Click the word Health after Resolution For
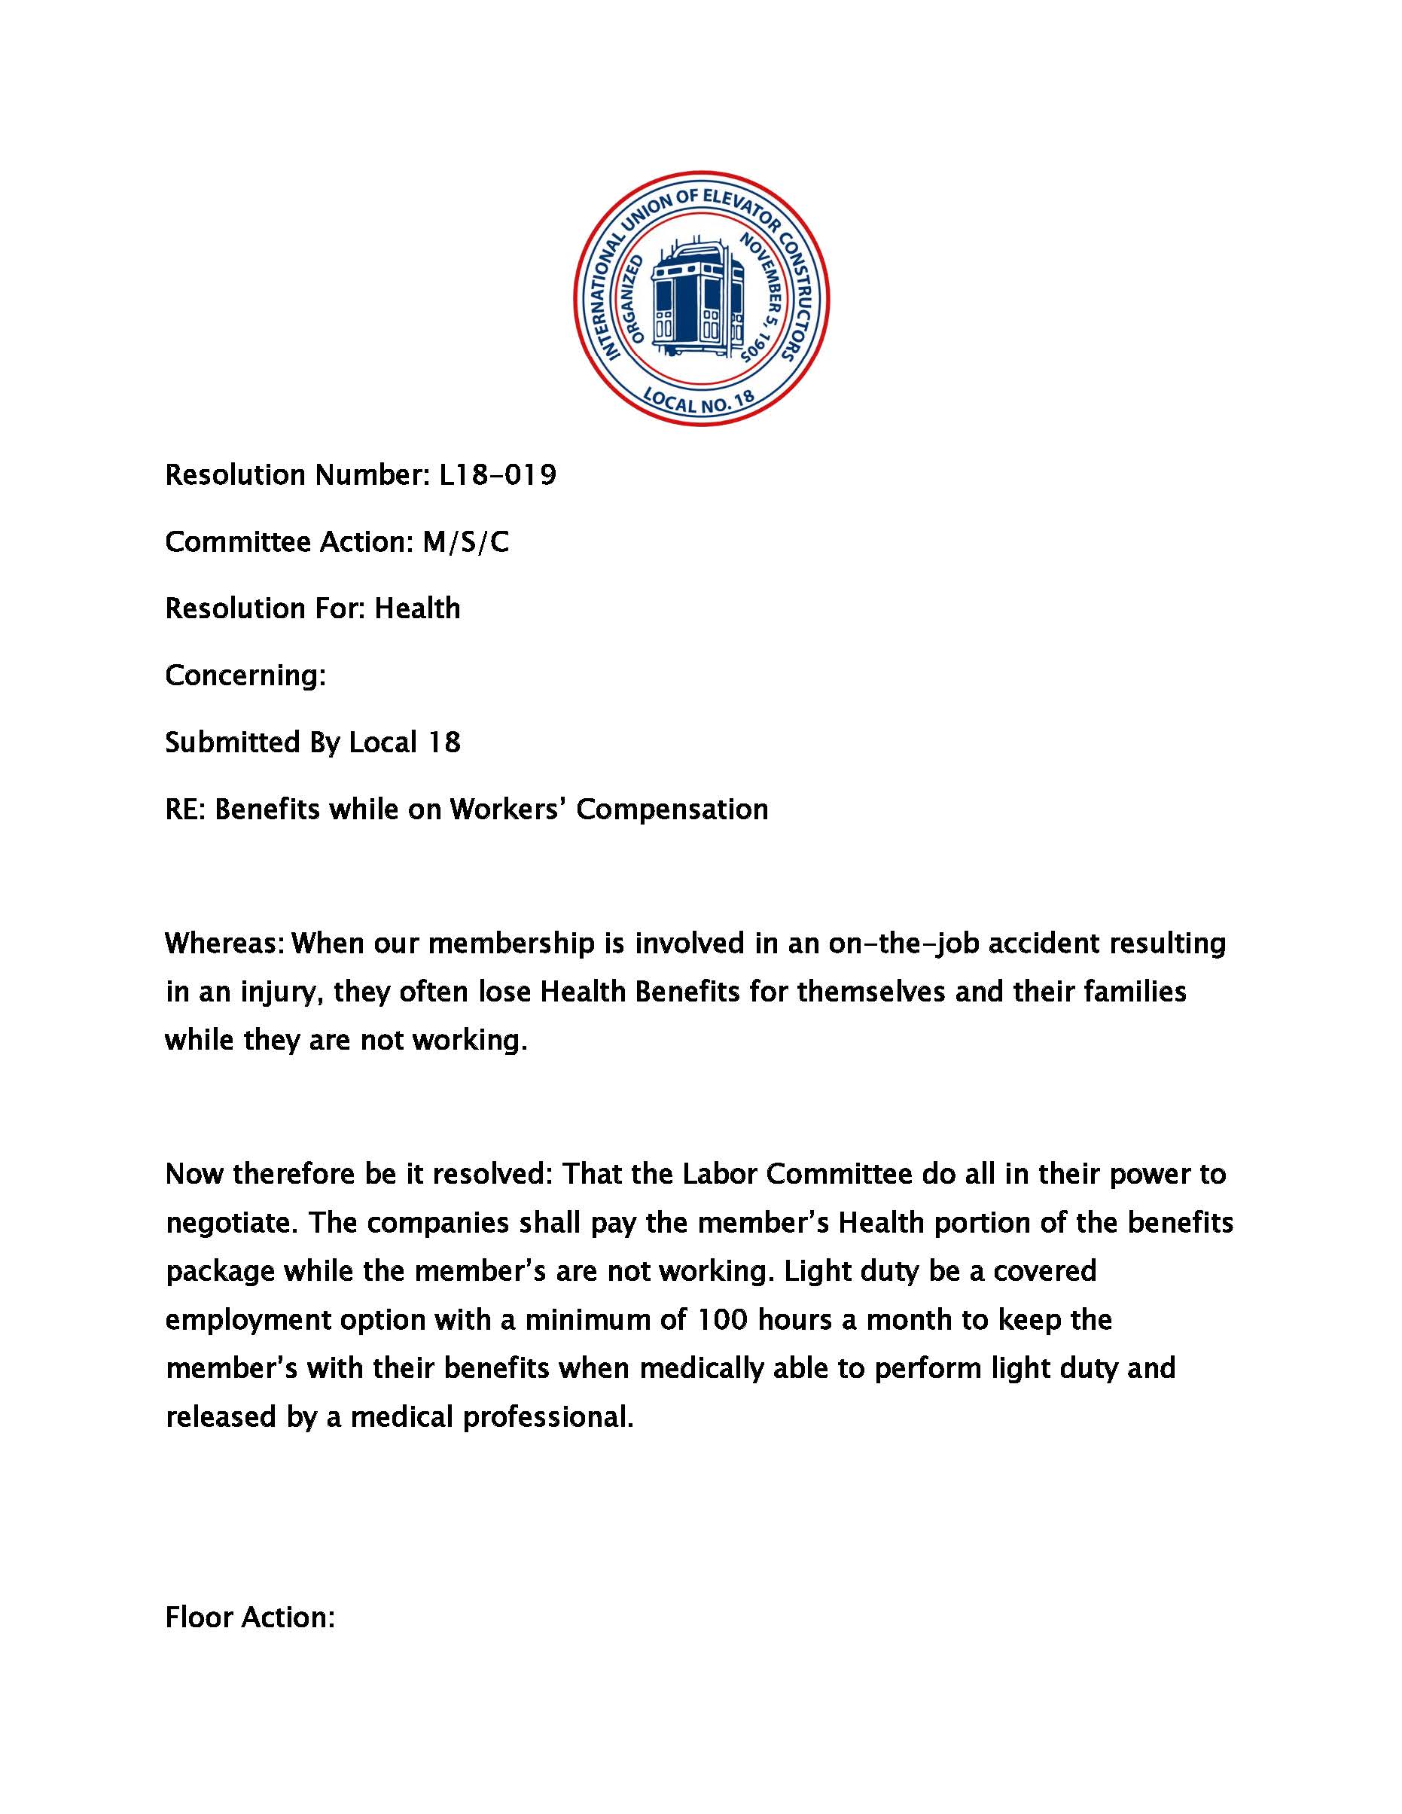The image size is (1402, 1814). pyautogui.click(x=417, y=609)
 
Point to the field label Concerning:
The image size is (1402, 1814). pyautogui.click(x=245, y=675)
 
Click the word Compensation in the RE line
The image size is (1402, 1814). pyautogui.click(x=672, y=809)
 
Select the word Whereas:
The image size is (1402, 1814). pyautogui.click(x=224, y=944)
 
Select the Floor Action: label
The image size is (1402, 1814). pyautogui.click(x=250, y=1617)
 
